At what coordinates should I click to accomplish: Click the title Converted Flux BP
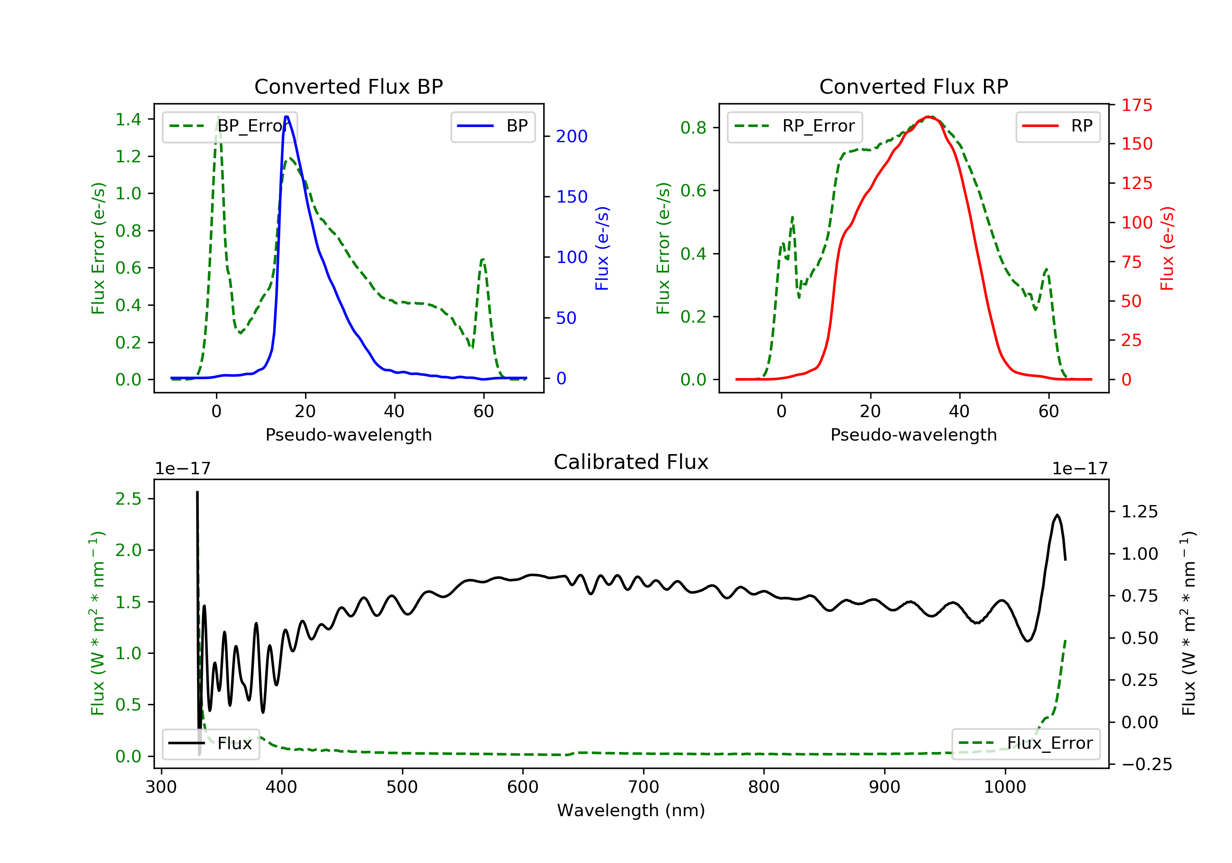click(x=348, y=86)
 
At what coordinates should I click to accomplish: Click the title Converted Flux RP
click(x=913, y=86)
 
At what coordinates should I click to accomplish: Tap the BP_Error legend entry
click(x=230, y=126)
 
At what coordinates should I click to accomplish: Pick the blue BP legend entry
click(x=492, y=126)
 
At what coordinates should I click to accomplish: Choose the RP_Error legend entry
click(x=794, y=126)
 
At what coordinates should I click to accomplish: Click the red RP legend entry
click(x=1057, y=126)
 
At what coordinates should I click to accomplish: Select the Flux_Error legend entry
click(x=1025, y=743)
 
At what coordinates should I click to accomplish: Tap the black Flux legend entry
click(x=210, y=743)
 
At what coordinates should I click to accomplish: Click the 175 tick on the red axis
click(x=1136, y=105)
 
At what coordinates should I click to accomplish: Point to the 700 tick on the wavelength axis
click(x=643, y=787)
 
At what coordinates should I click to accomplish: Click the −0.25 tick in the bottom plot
click(x=1147, y=764)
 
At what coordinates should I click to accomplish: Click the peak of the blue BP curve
click(x=287, y=117)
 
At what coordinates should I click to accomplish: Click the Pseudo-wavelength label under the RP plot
click(x=913, y=434)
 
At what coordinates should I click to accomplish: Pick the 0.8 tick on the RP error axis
click(x=693, y=128)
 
